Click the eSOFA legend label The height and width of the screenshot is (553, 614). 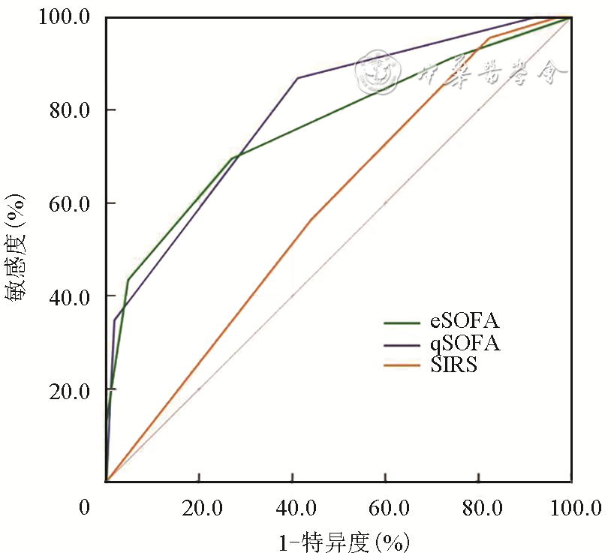(x=465, y=322)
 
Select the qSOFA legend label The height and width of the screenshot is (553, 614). (x=465, y=344)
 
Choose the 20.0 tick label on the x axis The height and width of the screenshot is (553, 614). (x=198, y=509)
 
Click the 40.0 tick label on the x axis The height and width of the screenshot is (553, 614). (x=293, y=509)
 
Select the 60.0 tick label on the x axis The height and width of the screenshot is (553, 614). (x=386, y=509)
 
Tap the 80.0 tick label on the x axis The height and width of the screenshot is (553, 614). (x=480, y=509)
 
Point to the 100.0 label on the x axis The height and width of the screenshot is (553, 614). (x=572, y=509)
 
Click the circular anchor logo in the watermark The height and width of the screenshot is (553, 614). (x=377, y=71)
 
